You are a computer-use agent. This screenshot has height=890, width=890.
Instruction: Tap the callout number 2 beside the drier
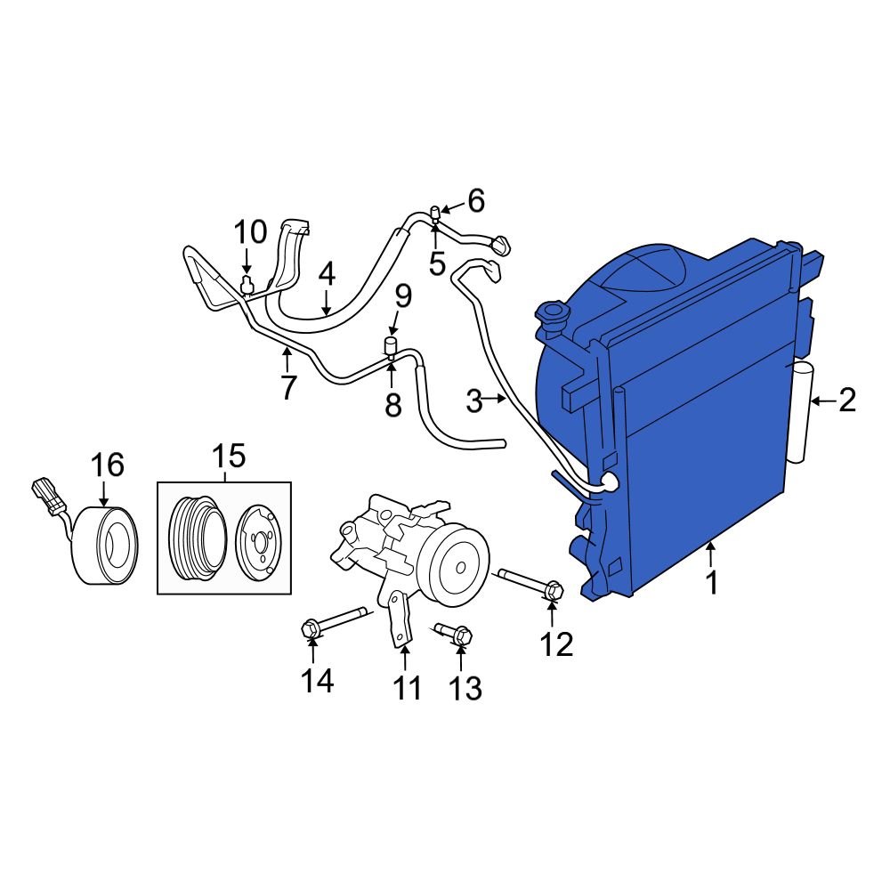(846, 400)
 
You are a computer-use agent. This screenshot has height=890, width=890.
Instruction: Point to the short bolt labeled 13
(453, 634)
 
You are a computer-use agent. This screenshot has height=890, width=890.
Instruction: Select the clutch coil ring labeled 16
(105, 546)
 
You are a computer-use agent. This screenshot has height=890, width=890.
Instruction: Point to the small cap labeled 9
(389, 344)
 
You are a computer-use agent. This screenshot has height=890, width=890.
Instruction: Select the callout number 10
(250, 233)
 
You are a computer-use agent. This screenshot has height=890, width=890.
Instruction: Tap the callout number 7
(287, 387)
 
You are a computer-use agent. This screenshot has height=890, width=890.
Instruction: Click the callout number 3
(475, 401)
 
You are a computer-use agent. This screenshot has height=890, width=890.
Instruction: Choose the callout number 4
(327, 274)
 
